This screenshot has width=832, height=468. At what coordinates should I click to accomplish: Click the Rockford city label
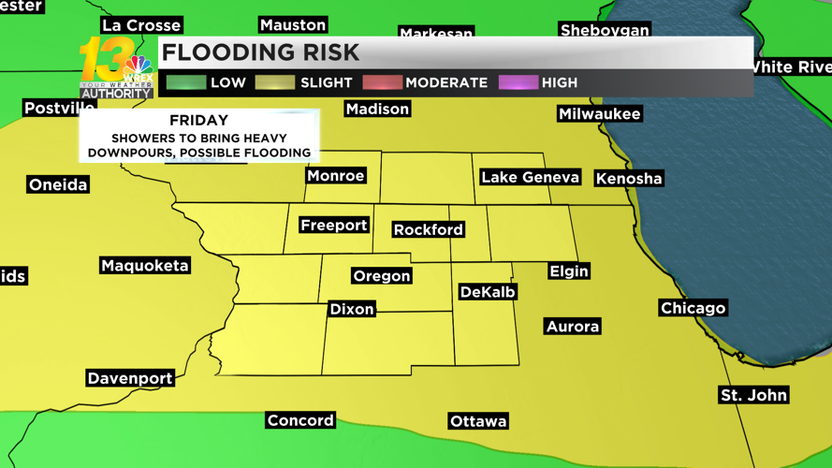[428, 229]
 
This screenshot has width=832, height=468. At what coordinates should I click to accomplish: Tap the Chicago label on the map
[693, 308]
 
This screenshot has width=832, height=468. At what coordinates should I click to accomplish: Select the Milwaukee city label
[599, 114]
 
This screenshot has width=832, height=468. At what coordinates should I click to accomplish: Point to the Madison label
[377, 110]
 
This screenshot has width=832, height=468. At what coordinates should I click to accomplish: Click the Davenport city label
[130, 378]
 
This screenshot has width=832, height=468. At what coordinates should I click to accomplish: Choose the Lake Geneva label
[530, 177]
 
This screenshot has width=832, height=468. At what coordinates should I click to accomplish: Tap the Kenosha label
[629, 178]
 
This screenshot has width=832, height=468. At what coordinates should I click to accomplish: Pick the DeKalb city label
[488, 292]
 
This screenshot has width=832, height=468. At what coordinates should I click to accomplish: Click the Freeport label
[334, 225]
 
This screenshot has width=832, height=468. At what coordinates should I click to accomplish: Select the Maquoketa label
[145, 266]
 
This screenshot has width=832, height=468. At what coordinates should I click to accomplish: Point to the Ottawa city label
[478, 421]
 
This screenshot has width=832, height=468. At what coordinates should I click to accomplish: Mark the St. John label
[753, 395]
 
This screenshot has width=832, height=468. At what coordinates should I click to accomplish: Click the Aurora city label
[572, 327]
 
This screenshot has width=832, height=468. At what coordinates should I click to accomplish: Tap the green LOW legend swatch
[185, 82]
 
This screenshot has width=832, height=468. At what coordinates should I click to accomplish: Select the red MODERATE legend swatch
[382, 82]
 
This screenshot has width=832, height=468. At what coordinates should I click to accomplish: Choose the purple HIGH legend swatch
[518, 82]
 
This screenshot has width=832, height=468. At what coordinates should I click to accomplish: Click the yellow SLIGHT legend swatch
[275, 82]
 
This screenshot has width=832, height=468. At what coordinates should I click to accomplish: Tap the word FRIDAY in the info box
[198, 121]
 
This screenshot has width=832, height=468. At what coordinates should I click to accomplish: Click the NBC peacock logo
[139, 67]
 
